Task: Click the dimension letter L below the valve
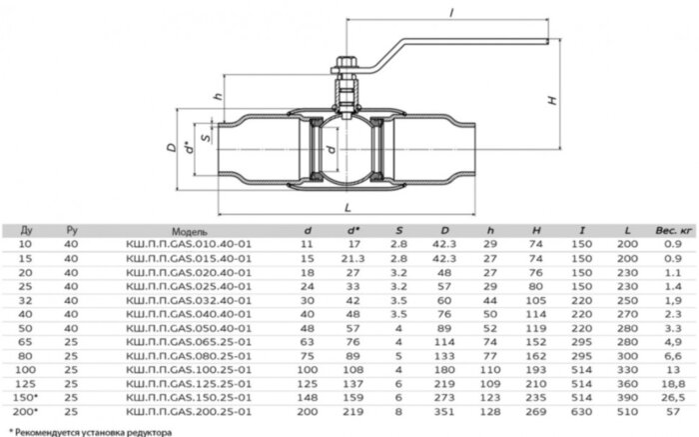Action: point(346,207)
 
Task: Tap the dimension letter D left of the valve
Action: point(171,147)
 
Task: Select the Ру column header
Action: point(71,229)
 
